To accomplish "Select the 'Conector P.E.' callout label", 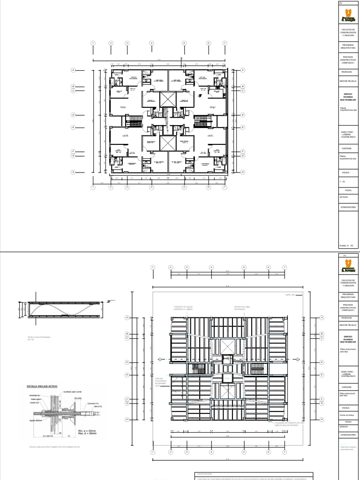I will click(x=91, y=403).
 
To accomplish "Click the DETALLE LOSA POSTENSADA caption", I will click(x=39, y=337).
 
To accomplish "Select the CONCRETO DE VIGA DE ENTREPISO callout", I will click(x=183, y=308).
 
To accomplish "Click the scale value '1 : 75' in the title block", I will click(x=343, y=181).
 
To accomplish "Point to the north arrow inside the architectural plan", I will click(x=200, y=93).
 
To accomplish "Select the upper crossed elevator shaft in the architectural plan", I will click(x=166, y=99).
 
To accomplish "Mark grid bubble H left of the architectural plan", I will click(x=73, y=172).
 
